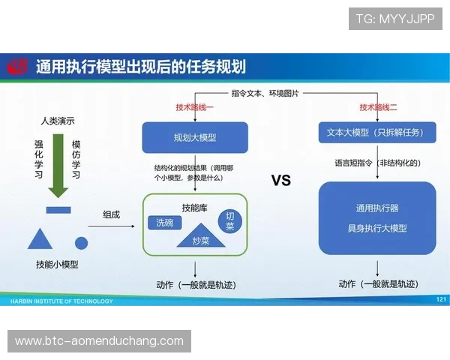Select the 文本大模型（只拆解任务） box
click(376, 133)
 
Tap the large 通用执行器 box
click(376, 217)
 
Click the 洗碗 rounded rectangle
click(164, 223)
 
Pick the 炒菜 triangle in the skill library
click(200, 237)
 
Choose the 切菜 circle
click(230, 220)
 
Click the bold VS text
click(280, 181)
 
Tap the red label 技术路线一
click(194, 107)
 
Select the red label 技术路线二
click(378, 107)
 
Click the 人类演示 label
click(58, 120)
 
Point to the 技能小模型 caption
click(57, 265)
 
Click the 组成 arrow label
click(112, 214)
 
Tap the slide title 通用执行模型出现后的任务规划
click(141, 66)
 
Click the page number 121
click(440, 300)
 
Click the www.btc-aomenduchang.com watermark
click(99, 341)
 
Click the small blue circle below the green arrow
click(82, 242)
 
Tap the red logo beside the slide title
click(16, 67)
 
